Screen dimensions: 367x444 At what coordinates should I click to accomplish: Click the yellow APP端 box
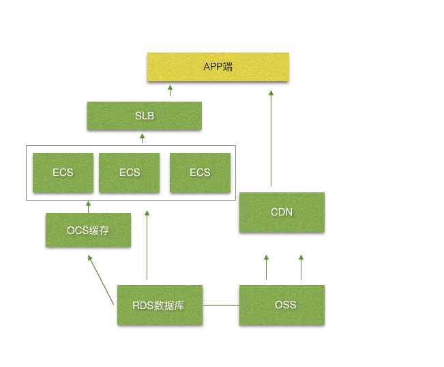click(x=218, y=67)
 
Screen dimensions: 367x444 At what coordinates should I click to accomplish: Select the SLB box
click(x=144, y=115)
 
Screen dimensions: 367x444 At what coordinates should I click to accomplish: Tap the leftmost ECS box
click(x=63, y=172)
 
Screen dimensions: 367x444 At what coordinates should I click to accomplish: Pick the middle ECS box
click(x=129, y=172)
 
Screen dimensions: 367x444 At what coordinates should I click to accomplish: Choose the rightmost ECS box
click(x=200, y=172)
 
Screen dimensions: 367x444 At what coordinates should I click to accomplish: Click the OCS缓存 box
click(x=88, y=230)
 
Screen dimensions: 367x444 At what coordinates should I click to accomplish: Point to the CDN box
click(x=282, y=212)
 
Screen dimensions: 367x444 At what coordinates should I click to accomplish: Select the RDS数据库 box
click(x=159, y=305)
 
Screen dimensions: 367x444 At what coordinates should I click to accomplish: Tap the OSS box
click(x=282, y=305)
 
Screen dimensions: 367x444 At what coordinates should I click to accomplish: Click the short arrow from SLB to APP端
click(x=170, y=91)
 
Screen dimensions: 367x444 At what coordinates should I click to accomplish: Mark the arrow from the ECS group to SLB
click(x=142, y=138)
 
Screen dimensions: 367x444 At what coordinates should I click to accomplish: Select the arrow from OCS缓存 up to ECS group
click(x=88, y=207)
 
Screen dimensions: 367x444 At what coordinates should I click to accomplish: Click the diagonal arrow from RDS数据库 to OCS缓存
click(x=102, y=280)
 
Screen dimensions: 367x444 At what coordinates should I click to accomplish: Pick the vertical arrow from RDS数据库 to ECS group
click(x=147, y=248)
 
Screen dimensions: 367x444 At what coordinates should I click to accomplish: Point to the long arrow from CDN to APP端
click(x=271, y=140)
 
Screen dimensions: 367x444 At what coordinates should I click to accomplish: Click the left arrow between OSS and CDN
click(x=266, y=267)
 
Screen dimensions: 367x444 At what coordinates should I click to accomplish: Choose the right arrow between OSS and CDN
click(x=300, y=267)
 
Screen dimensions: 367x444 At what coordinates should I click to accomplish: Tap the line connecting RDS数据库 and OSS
click(x=221, y=305)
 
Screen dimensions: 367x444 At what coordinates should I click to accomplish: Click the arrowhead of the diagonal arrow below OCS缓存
click(x=90, y=258)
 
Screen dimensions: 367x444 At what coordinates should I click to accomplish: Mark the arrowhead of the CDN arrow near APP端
click(x=271, y=93)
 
